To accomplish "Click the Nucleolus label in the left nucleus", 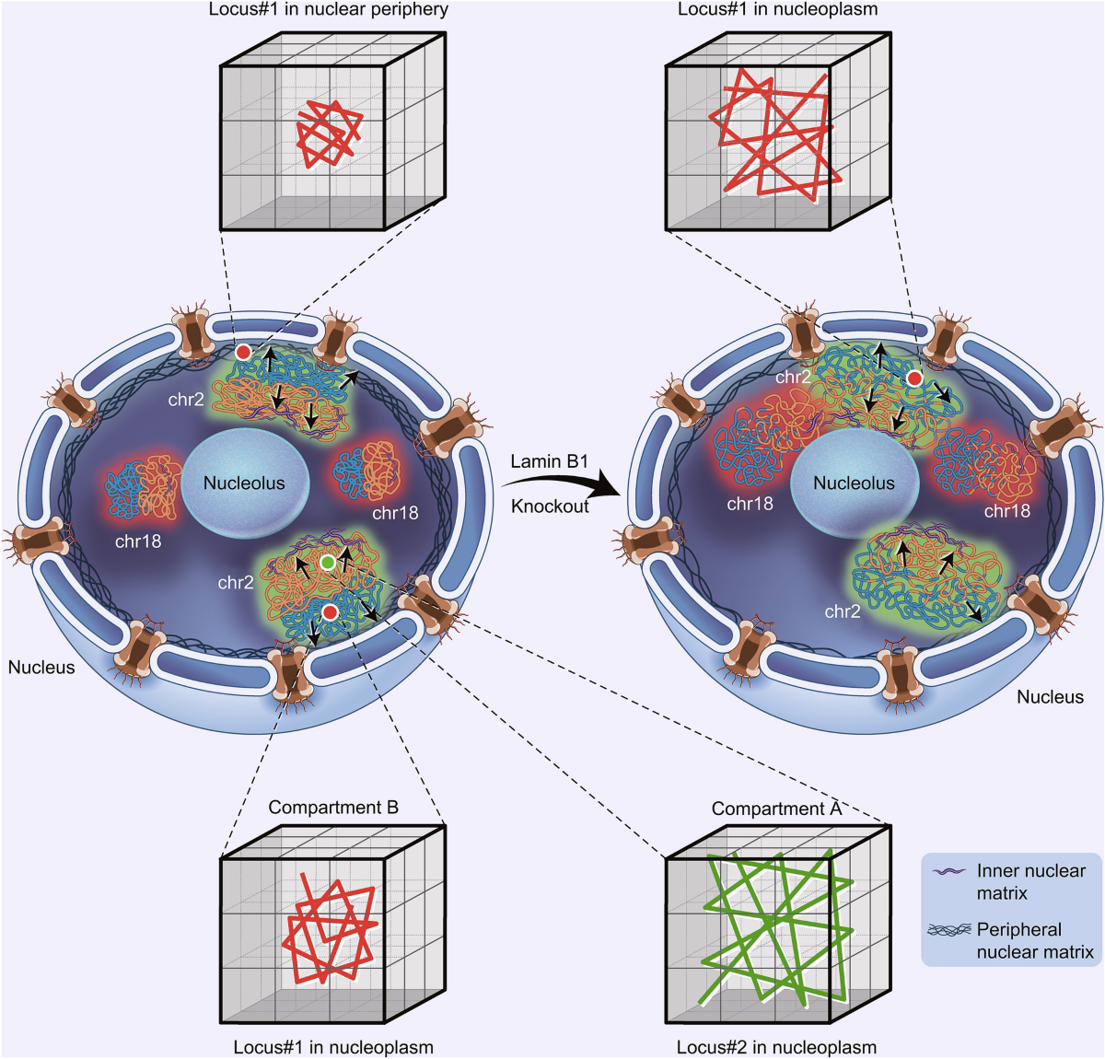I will point(244,483).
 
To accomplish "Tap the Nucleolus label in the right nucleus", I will point(854,483).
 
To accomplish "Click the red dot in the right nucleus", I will point(914,378).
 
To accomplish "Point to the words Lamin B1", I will point(549,461).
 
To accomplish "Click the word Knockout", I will point(550,506).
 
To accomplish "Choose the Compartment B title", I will point(333,808).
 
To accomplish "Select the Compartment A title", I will point(776,809).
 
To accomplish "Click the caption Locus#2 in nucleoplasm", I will point(776,1047).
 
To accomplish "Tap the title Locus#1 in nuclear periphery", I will point(329,10).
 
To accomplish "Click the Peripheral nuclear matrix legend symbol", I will point(948,930).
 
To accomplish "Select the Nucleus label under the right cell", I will point(1050,697).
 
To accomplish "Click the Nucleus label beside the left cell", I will point(41,668).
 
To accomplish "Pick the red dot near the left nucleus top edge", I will point(243,353).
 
